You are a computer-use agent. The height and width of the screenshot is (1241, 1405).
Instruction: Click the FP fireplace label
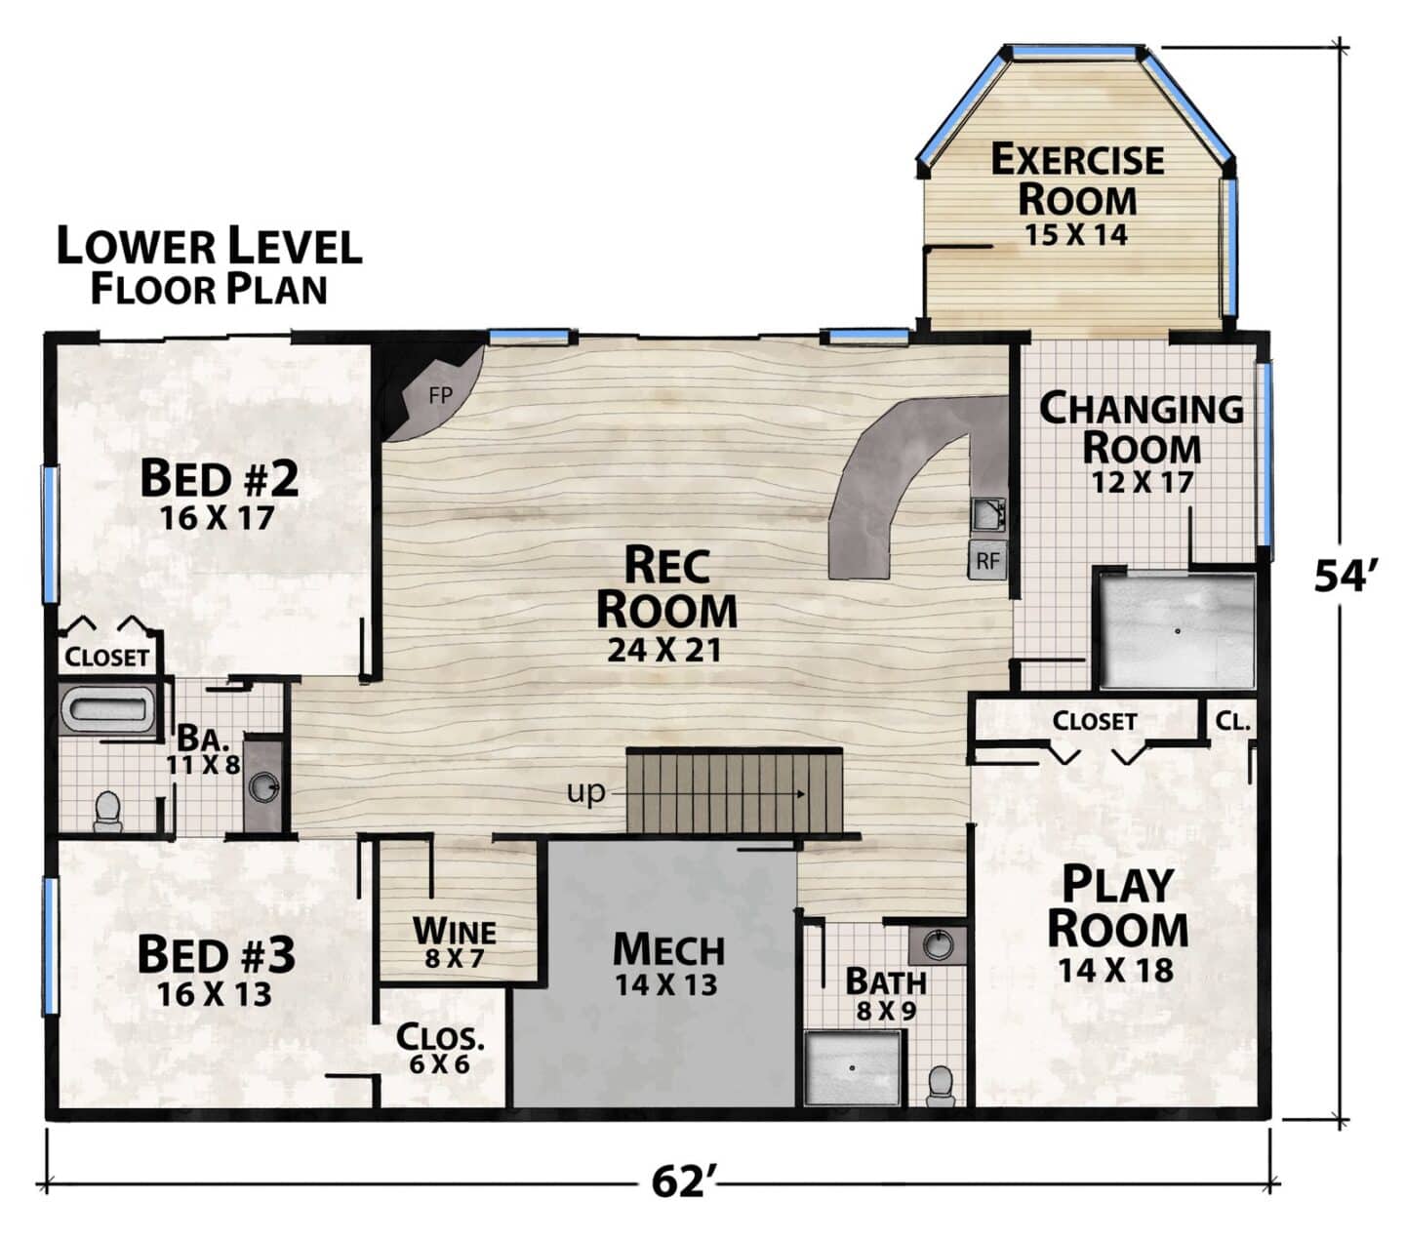440,395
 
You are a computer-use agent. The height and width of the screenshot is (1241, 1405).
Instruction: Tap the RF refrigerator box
986,560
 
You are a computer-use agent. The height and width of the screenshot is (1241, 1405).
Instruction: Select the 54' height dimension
1342,575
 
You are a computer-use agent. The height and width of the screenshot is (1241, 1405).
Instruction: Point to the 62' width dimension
680,1182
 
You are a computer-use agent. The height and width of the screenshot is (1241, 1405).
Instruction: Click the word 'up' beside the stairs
586,792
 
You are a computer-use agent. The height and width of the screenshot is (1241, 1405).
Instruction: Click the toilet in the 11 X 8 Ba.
107,813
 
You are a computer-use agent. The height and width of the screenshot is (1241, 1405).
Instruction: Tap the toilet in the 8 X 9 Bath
941,1087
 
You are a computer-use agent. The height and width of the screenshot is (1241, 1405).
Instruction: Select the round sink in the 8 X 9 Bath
938,944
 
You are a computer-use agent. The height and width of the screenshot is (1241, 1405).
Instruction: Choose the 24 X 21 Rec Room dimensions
663,651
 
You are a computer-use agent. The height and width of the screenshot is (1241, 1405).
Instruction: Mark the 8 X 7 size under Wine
455,959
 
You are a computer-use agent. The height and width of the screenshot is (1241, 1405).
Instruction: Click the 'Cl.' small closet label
1232,722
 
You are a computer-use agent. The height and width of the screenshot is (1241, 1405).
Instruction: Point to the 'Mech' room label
668,949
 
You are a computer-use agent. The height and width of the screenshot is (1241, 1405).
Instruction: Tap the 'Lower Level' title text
209,246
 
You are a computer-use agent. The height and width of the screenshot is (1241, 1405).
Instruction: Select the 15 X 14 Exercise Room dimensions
1075,235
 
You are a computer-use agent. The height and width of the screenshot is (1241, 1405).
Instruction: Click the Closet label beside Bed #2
106,658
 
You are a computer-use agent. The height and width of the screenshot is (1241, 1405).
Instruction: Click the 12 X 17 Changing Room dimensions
1142,482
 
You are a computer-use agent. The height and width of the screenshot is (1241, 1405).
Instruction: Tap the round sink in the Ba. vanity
263,787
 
